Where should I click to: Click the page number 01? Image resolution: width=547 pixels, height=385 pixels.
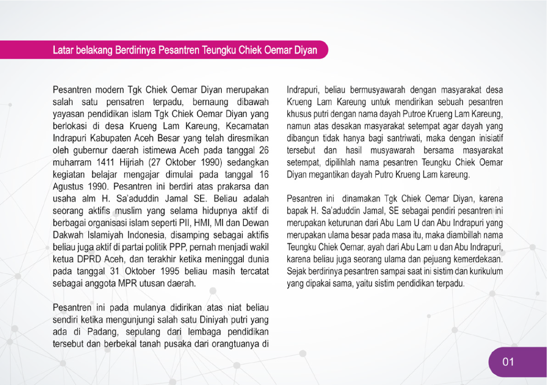[508, 362]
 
